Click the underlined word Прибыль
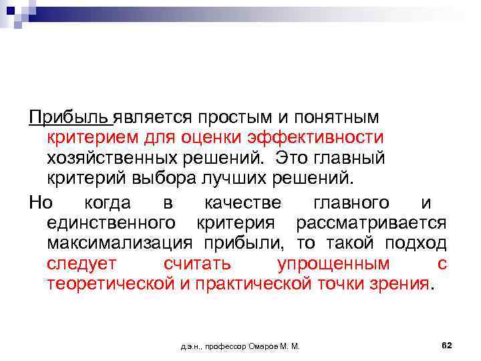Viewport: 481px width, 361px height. pos(69,118)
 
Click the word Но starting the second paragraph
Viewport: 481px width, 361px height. pos(40,201)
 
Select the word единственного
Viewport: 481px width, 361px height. pos(112,222)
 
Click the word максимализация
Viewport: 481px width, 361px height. pos(117,243)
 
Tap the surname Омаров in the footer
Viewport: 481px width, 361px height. pos(265,347)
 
